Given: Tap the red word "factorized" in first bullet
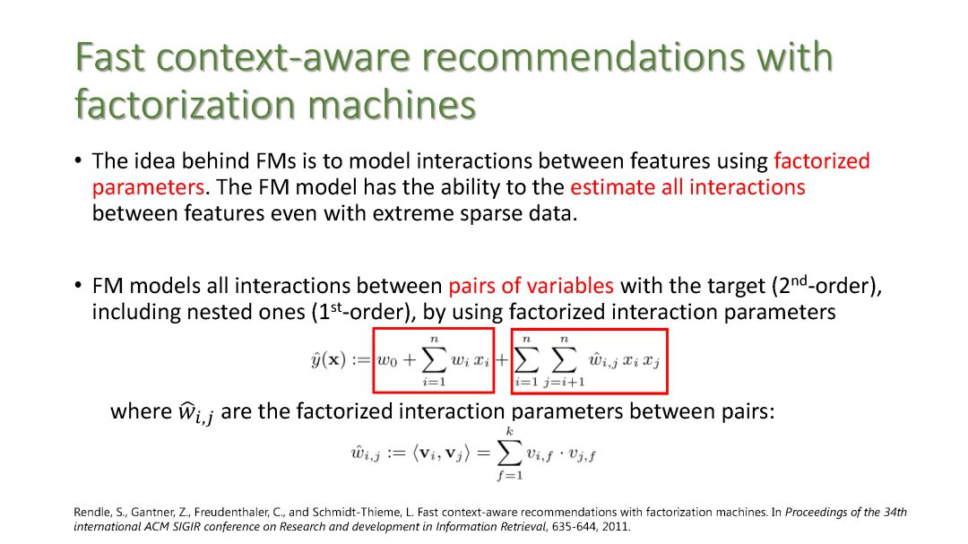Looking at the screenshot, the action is [822, 161].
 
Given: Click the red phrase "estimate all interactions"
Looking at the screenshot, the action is [687, 187].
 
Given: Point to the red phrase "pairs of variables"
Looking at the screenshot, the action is [532, 286].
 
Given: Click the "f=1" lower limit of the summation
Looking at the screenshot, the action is [512, 475].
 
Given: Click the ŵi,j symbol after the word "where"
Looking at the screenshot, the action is [194, 413].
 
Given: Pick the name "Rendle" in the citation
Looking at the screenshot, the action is [90, 513].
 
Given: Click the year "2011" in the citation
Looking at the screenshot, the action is [616, 527].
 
